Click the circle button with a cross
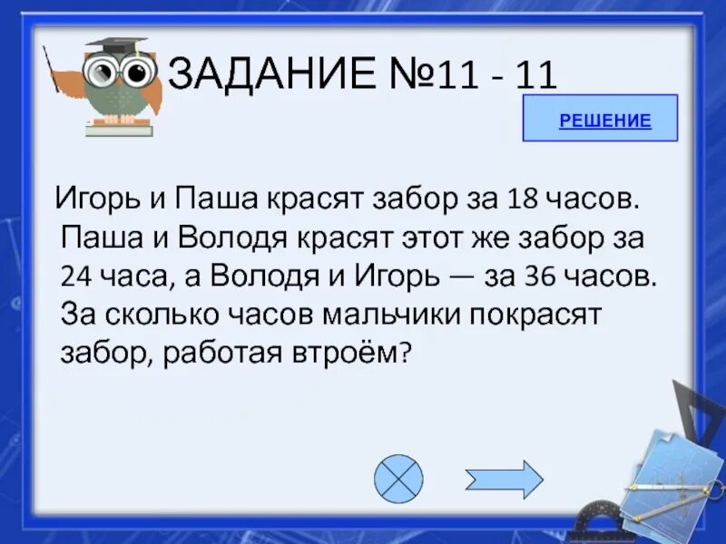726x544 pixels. point(398,478)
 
